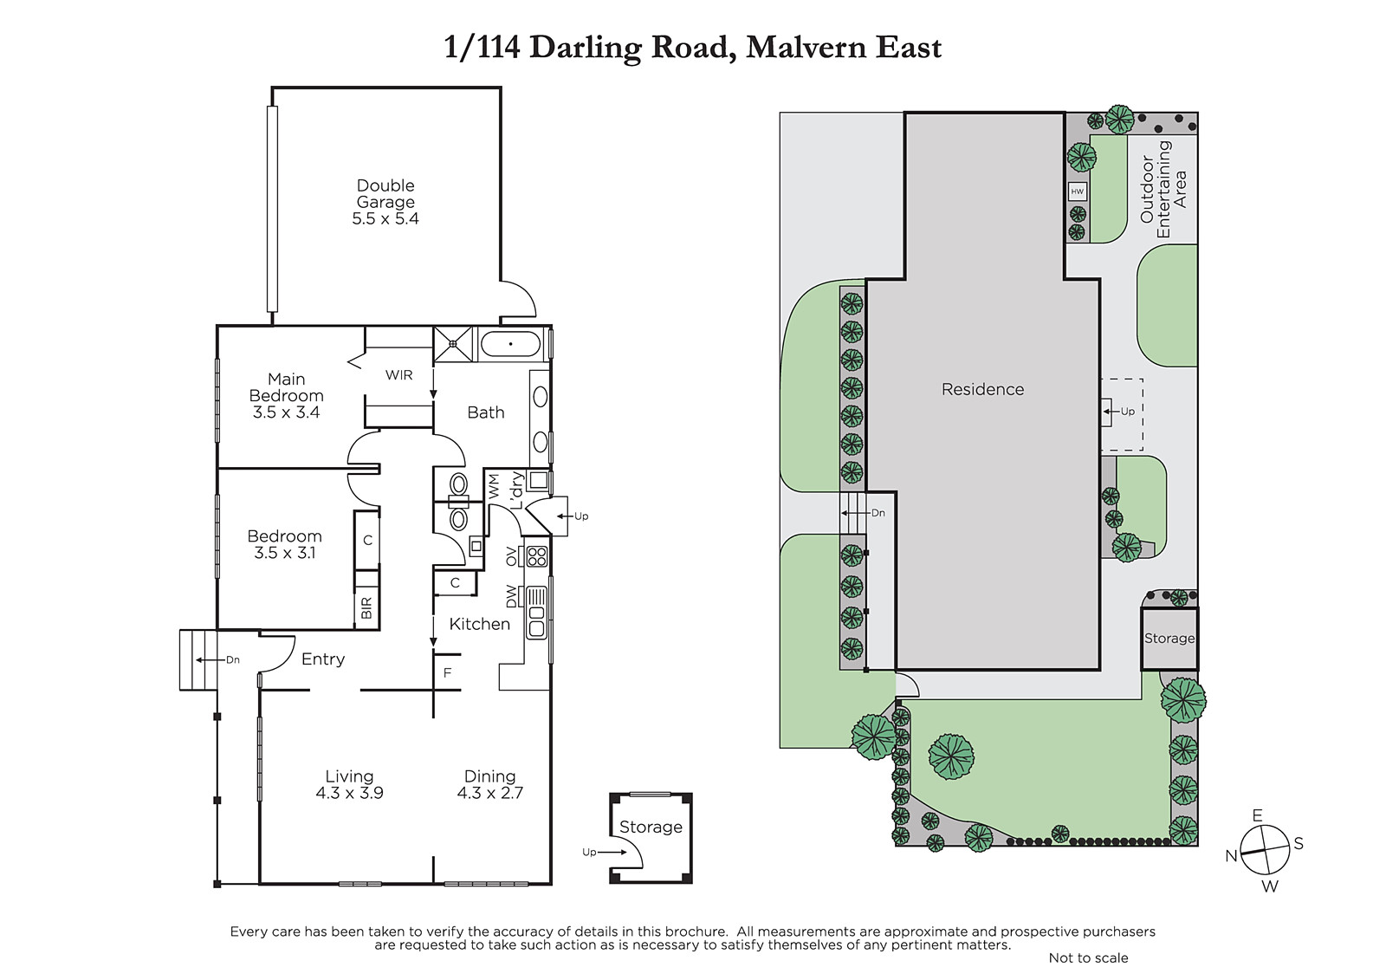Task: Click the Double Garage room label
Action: tap(385, 194)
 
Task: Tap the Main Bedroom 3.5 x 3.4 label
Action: tap(287, 396)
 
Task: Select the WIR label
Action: tap(398, 375)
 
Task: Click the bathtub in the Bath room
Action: tap(510, 344)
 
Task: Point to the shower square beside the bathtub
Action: tap(452, 344)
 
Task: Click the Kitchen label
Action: tap(480, 624)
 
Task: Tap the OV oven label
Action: tap(512, 556)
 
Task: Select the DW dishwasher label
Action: tap(512, 596)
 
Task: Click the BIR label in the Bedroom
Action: tap(366, 608)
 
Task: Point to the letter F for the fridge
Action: tap(447, 672)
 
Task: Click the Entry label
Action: tap(323, 659)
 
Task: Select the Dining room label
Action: tap(490, 776)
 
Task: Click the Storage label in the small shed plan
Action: tap(651, 827)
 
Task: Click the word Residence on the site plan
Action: tap(982, 389)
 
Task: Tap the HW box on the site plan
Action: tap(1078, 191)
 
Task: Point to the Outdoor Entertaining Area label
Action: tap(1164, 189)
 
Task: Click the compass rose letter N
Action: tap(1231, 856)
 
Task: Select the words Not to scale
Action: tap(1088, 957)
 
